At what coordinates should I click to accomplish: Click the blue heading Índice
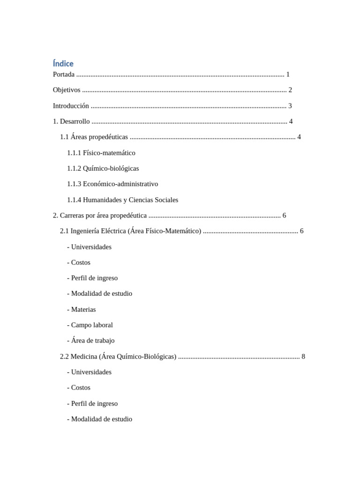coord(63,63)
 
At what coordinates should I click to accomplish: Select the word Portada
coord(64,75)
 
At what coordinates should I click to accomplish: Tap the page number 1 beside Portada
coord(288,75)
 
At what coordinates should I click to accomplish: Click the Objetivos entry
coord(67,90)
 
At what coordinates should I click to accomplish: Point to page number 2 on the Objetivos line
coord(290,90)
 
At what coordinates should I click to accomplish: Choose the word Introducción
coord(71,106)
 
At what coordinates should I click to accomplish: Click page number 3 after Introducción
coord(290,106)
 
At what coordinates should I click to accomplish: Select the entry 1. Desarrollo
coord(71,121)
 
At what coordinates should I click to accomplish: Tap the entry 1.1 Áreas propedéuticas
coord(94,137)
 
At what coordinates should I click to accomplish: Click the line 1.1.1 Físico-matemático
coord(101,153)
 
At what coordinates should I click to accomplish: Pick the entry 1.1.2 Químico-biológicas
coord(103,168)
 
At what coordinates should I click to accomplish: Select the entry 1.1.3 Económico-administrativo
coord(112,184)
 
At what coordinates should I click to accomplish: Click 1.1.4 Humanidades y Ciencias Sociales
coord(123,200)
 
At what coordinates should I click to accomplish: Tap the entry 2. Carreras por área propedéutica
coord(100,216)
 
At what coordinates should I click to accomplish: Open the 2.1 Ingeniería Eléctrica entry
coord(130,231)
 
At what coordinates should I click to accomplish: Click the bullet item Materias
coord(82,309)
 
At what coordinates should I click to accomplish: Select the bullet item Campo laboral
coord(90,325)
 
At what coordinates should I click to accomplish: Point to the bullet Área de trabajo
coord(91,341)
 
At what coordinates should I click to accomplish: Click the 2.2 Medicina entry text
coord(118,357)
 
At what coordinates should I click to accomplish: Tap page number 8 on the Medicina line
coord(303,357)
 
